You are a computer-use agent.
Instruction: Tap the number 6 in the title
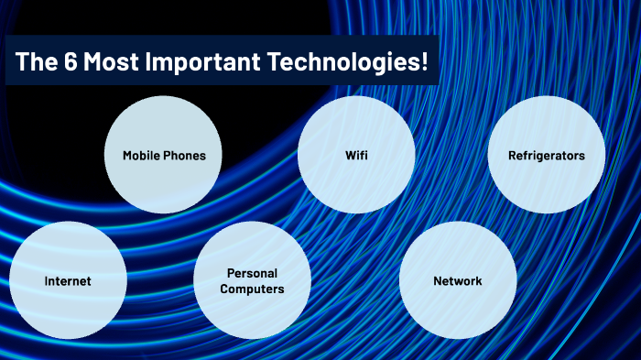pyautogui.click(x=60, y=61)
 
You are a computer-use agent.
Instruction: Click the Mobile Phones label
pyautogui.click(x=164, y=156)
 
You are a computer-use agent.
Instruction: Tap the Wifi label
pyautogui.click(x=356, y=156)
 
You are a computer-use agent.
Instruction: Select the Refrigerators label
pyautogui.click(x=546, y=156)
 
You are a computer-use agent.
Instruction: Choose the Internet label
pyautogui.click(x=68, y=281)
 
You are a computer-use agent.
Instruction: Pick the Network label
pyautogui.click(x=457, y=280)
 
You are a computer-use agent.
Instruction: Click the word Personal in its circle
pyautogui.click(x=252, y=273)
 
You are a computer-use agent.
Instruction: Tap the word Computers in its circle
pyautogui.click(x=252, y=289)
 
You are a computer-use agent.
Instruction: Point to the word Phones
pyautogui.click(x=185, y=156)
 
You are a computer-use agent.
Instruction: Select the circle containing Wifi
pyautogui.click(x=356, y=183)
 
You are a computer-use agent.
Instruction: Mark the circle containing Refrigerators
pyautogui.click(x=546, y=183)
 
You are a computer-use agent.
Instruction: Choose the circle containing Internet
pyautogui.click(x=68, y=307)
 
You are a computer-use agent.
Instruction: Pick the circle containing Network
pyautogui.click(x=457, y=307)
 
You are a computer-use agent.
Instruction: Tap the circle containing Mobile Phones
pyautogui.click(x=164, y=183)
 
